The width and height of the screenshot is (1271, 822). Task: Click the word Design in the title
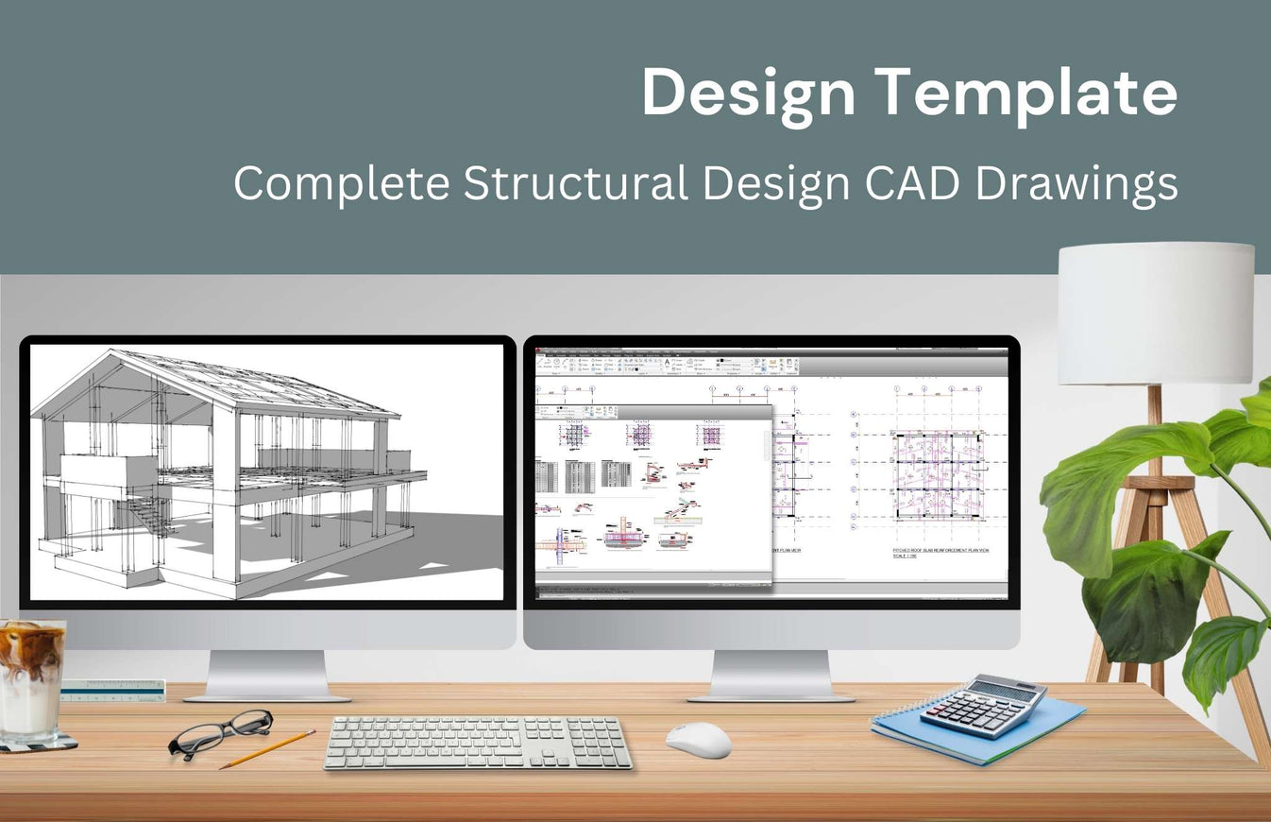[749, 93]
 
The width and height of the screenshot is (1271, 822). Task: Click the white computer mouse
[699, 739]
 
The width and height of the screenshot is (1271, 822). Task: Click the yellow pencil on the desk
[268, 748]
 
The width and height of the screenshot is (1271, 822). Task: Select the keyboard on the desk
[478, 742]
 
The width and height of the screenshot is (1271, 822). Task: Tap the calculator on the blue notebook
[983, 706]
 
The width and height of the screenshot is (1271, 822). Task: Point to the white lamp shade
[1155, 313]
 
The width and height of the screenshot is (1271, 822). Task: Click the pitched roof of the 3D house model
[255, 383]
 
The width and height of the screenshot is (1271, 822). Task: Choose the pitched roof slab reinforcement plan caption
[941, 551]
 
